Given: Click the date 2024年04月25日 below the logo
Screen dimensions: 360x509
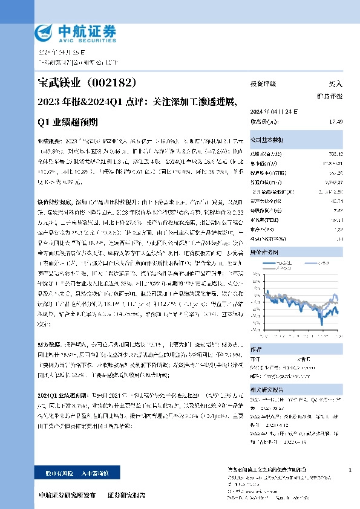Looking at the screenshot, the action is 57,54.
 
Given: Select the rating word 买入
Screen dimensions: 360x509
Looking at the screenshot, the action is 335,84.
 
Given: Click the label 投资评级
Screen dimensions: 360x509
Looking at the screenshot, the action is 263,84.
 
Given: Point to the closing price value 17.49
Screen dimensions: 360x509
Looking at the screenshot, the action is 336,122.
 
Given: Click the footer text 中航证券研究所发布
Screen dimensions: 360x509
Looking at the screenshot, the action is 67,494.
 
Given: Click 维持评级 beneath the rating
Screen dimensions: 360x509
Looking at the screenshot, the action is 329,96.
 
